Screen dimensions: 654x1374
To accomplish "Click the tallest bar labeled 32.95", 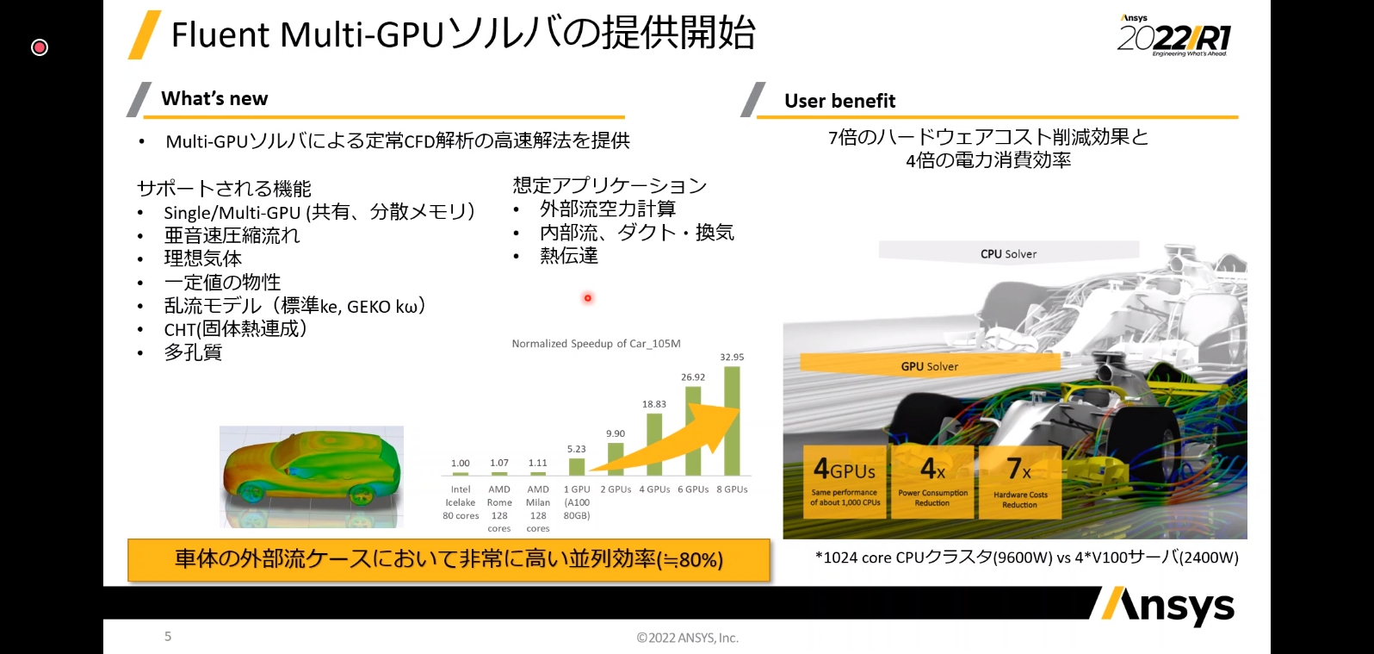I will [732, 420].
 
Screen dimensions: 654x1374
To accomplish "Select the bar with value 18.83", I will [654, 444].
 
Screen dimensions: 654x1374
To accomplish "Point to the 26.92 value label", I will [693, 377].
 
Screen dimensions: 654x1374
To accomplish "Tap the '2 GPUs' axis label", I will [616, 489].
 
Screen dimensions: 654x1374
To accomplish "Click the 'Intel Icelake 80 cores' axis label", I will [461, 502].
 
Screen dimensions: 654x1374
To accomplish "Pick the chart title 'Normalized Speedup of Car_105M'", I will [596, 344].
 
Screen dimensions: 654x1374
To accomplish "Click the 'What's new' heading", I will [214, 99].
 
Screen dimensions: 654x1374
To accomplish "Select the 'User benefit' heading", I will [839, 101].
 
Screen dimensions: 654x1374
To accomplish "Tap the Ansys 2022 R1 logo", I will [1174, 36].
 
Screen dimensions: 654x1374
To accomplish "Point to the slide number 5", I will [168, 636].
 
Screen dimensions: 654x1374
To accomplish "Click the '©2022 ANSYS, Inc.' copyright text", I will [687, 638].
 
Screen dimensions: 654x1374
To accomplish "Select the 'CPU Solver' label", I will [1008, 254].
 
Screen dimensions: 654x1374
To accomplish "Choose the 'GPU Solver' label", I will [929, 366].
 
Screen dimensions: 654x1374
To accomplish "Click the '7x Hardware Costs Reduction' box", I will [1020, 482].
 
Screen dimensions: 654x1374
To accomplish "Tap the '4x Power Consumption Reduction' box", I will [932, 482].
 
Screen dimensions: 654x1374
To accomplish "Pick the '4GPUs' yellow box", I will [845, 482].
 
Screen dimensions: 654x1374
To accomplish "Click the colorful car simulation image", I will [312, 476].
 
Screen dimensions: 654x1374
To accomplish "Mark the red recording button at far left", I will [40, 47].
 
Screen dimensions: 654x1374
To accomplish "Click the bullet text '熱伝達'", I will [568, 256].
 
